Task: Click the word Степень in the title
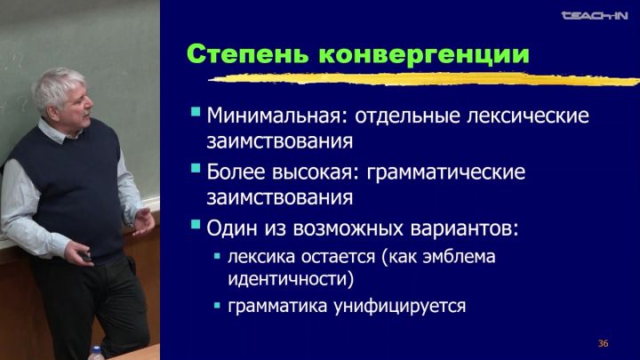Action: [x=247, y=54]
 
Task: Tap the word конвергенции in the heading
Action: [x=424, y=55]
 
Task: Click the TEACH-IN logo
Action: [x=595, y=16]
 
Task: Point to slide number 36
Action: [x=603, y=343]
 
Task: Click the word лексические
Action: [x=528, y=116]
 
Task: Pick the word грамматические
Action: [x=445, y=172]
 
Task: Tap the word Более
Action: [x=236, y=172]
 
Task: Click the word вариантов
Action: [x=465, y=228]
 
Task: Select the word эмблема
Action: [x=459, y=257]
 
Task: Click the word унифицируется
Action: [x=400, y=306]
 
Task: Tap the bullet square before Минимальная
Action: [x=196, y=112]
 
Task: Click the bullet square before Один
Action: [x=196, y=224]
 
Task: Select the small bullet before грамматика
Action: [x=217, y=305]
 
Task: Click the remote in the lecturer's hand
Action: [x=87, y=257]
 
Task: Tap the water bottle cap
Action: [x=96, y=350]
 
